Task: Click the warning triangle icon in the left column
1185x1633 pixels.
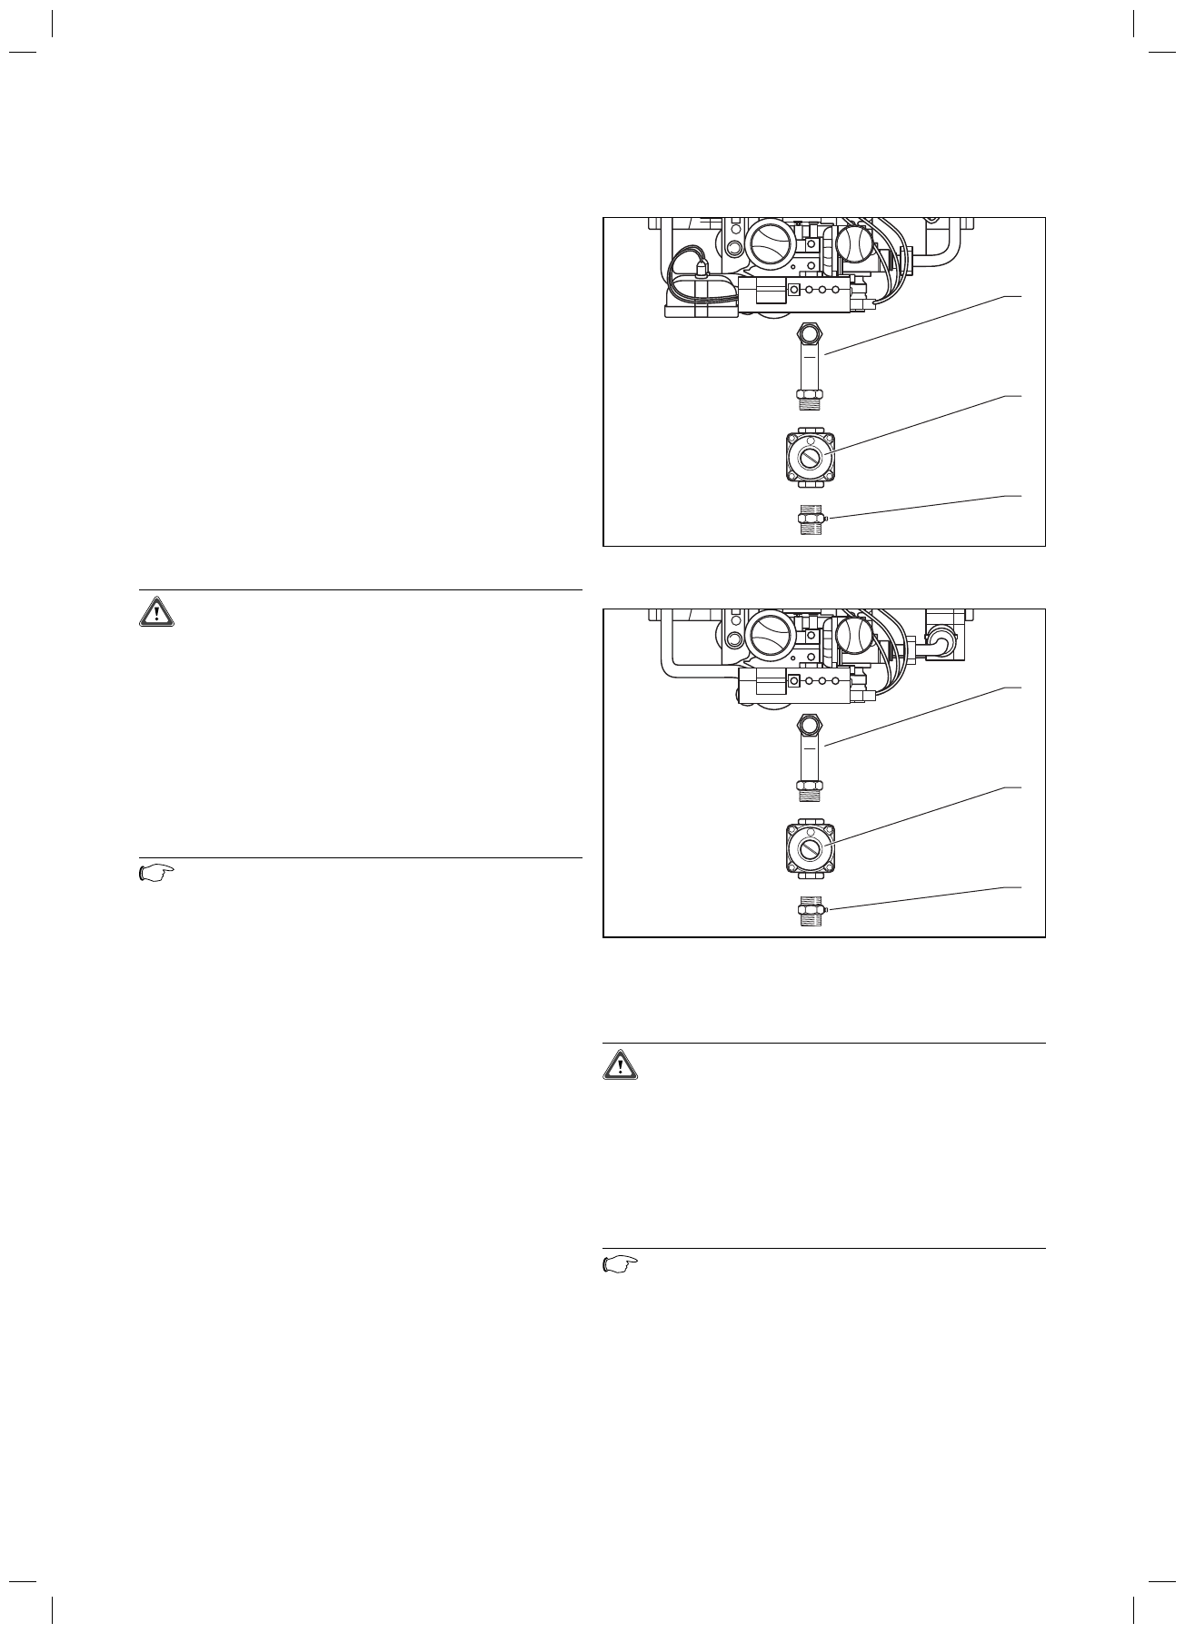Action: [157, 612]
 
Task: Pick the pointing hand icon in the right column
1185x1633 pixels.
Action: [621, 1265]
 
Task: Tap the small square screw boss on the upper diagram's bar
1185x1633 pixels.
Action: [794, 290]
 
